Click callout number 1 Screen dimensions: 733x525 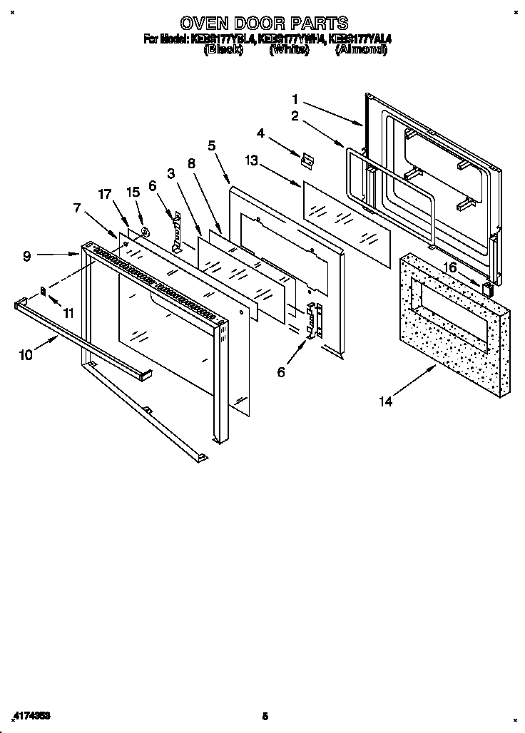coord(295,99)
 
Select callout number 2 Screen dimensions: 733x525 coord(295,116)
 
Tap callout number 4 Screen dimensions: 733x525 coord(261,133)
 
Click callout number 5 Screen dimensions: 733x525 coord(211,145)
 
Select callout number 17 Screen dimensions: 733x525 coord(105,193)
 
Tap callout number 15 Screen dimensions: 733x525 coord(132,193)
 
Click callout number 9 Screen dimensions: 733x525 coord(26,255)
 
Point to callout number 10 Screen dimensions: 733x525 coord(26,354)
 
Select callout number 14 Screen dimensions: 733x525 coord(385,401)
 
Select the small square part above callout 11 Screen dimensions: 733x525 coord(44,291)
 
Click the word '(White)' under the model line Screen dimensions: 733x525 coord(289,51)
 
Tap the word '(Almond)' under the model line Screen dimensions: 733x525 coord(360,51)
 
